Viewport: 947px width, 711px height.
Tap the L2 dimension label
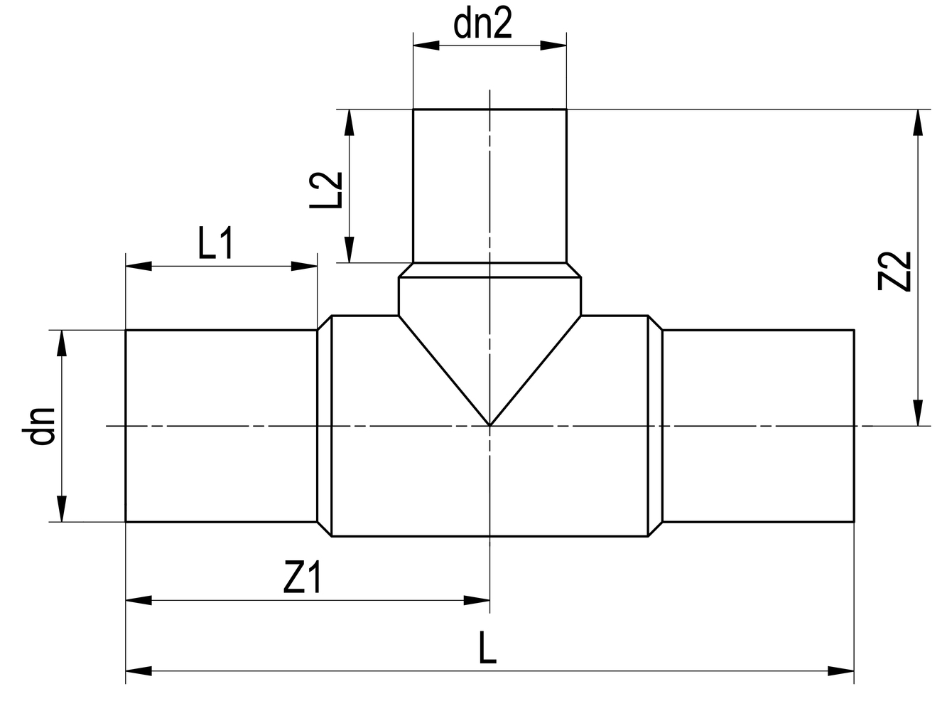click(x=328, y=191)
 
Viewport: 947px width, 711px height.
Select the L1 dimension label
click(x=216, y=246)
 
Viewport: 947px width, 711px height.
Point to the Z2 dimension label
click(x=894, y=270)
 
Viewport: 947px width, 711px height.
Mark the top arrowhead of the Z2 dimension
click(x=919, y=122)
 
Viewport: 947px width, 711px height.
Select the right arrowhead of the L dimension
click(x=842, y=670)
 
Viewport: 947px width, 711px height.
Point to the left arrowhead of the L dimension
click(x=138, y=670)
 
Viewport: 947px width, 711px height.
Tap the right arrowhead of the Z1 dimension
click(x=477, y=601)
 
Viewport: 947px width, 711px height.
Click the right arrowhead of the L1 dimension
click(x=305, y=267)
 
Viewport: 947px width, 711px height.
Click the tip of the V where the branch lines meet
click(x=489, y=425)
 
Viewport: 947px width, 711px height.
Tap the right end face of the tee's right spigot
click(x=853, y=426)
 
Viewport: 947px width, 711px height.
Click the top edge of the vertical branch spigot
click(x=489, y=109)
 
